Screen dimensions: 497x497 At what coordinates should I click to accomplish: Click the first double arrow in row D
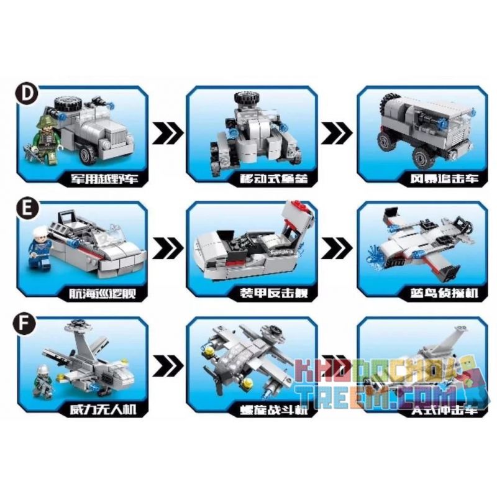pyautogui.click(x=168, y=132)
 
